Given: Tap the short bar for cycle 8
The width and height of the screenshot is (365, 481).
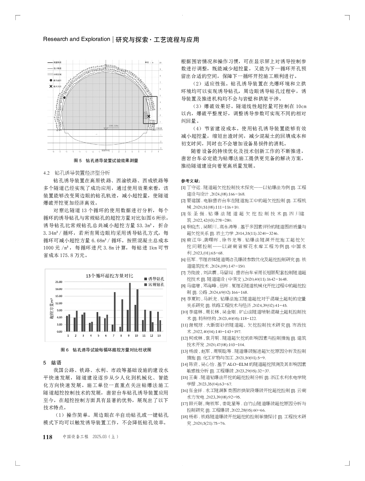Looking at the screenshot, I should click(x=120, y=329).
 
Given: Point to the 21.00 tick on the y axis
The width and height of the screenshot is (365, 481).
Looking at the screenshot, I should click(x=59, y=282).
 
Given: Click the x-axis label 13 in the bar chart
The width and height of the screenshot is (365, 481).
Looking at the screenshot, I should click(x=159, y=336).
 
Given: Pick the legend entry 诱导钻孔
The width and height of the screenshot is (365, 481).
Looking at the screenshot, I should click(x=154, y=279).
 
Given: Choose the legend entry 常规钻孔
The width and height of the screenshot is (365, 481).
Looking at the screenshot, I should click(x=154, y=285).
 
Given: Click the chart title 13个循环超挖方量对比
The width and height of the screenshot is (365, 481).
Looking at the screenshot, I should click(x=105, y=276).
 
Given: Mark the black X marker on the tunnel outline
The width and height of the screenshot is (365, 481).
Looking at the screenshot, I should click(x=149, y=116).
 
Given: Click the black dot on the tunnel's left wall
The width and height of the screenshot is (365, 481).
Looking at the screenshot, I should click(x=64, y=97).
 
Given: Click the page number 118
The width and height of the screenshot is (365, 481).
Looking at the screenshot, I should click(x=48, y=437).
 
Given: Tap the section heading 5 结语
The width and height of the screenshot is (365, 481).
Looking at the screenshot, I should click(x=52, y=363).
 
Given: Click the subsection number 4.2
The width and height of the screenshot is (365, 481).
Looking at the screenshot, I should click(x=46, y=173).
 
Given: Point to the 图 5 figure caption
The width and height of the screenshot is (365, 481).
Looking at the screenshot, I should click(x=106, y=161).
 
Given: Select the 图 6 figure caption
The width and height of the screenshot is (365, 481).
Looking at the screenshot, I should click(x=106, y=350).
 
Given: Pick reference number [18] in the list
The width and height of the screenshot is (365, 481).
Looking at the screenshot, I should click(x=184, y=417).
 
